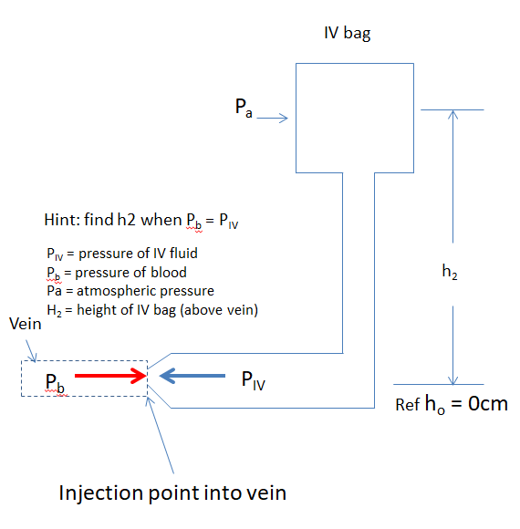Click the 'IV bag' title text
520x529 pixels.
point(348,34)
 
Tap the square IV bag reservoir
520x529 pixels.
point(356,117)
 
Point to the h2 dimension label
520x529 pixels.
point(449,271)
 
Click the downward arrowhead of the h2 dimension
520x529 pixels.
point(452,378)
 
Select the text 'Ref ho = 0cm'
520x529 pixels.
point(452,404)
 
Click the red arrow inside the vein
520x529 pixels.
point(110,375)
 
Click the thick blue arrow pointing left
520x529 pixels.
point(192,375)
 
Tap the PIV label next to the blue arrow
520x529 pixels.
point(255,379)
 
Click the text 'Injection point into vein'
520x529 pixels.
point(172,493)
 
